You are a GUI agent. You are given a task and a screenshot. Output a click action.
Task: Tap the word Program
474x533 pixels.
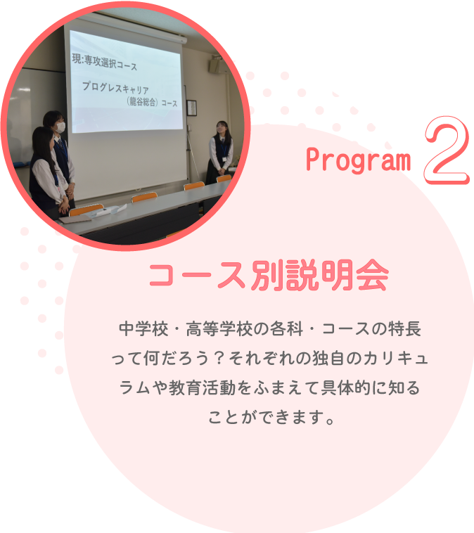click(x=358, y=161)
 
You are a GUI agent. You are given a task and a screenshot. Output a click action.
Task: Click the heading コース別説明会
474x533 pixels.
click(x=268, y=276)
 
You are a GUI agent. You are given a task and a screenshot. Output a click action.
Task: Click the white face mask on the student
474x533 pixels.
click(x=60, y=127)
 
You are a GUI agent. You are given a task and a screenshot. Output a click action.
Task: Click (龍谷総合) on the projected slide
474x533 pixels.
click(x=143, y=103)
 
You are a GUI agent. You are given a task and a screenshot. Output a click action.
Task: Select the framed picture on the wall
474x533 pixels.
click(x=191, y=108)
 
